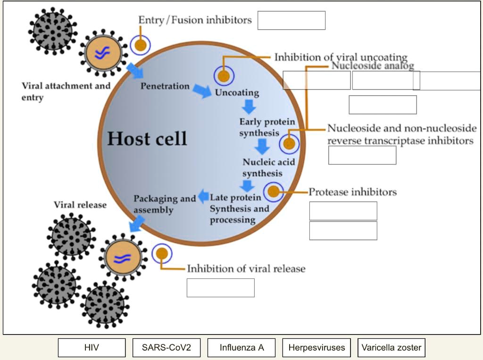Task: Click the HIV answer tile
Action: (x=92, y=348)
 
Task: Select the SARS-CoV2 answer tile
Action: (x=167, y=348)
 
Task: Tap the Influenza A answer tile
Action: (x=241, y=348)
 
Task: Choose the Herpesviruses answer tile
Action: (x=316, y=348)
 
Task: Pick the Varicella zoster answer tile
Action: (x=391, y=348)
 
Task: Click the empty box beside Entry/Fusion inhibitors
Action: (x=291, y=20)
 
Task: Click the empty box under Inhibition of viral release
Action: (x=220, y=288)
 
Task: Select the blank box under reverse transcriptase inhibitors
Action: (x=362, y=155)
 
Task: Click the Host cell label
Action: (x=147, y=139)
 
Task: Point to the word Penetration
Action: (x=165, y=86)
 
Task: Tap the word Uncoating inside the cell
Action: (x=237, y=92)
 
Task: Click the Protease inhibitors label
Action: (x=352, y=192)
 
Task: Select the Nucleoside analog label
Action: (x=373, y=65)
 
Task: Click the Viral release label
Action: (x=80, y=205)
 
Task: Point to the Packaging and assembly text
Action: (x=164, y=204)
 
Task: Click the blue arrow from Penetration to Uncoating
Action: (x=202, y=90)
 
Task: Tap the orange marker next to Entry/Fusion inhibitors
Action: (x=140, y=45)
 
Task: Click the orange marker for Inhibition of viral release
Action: (x=162, y=254)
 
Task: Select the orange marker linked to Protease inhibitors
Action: (x=274, y=192)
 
